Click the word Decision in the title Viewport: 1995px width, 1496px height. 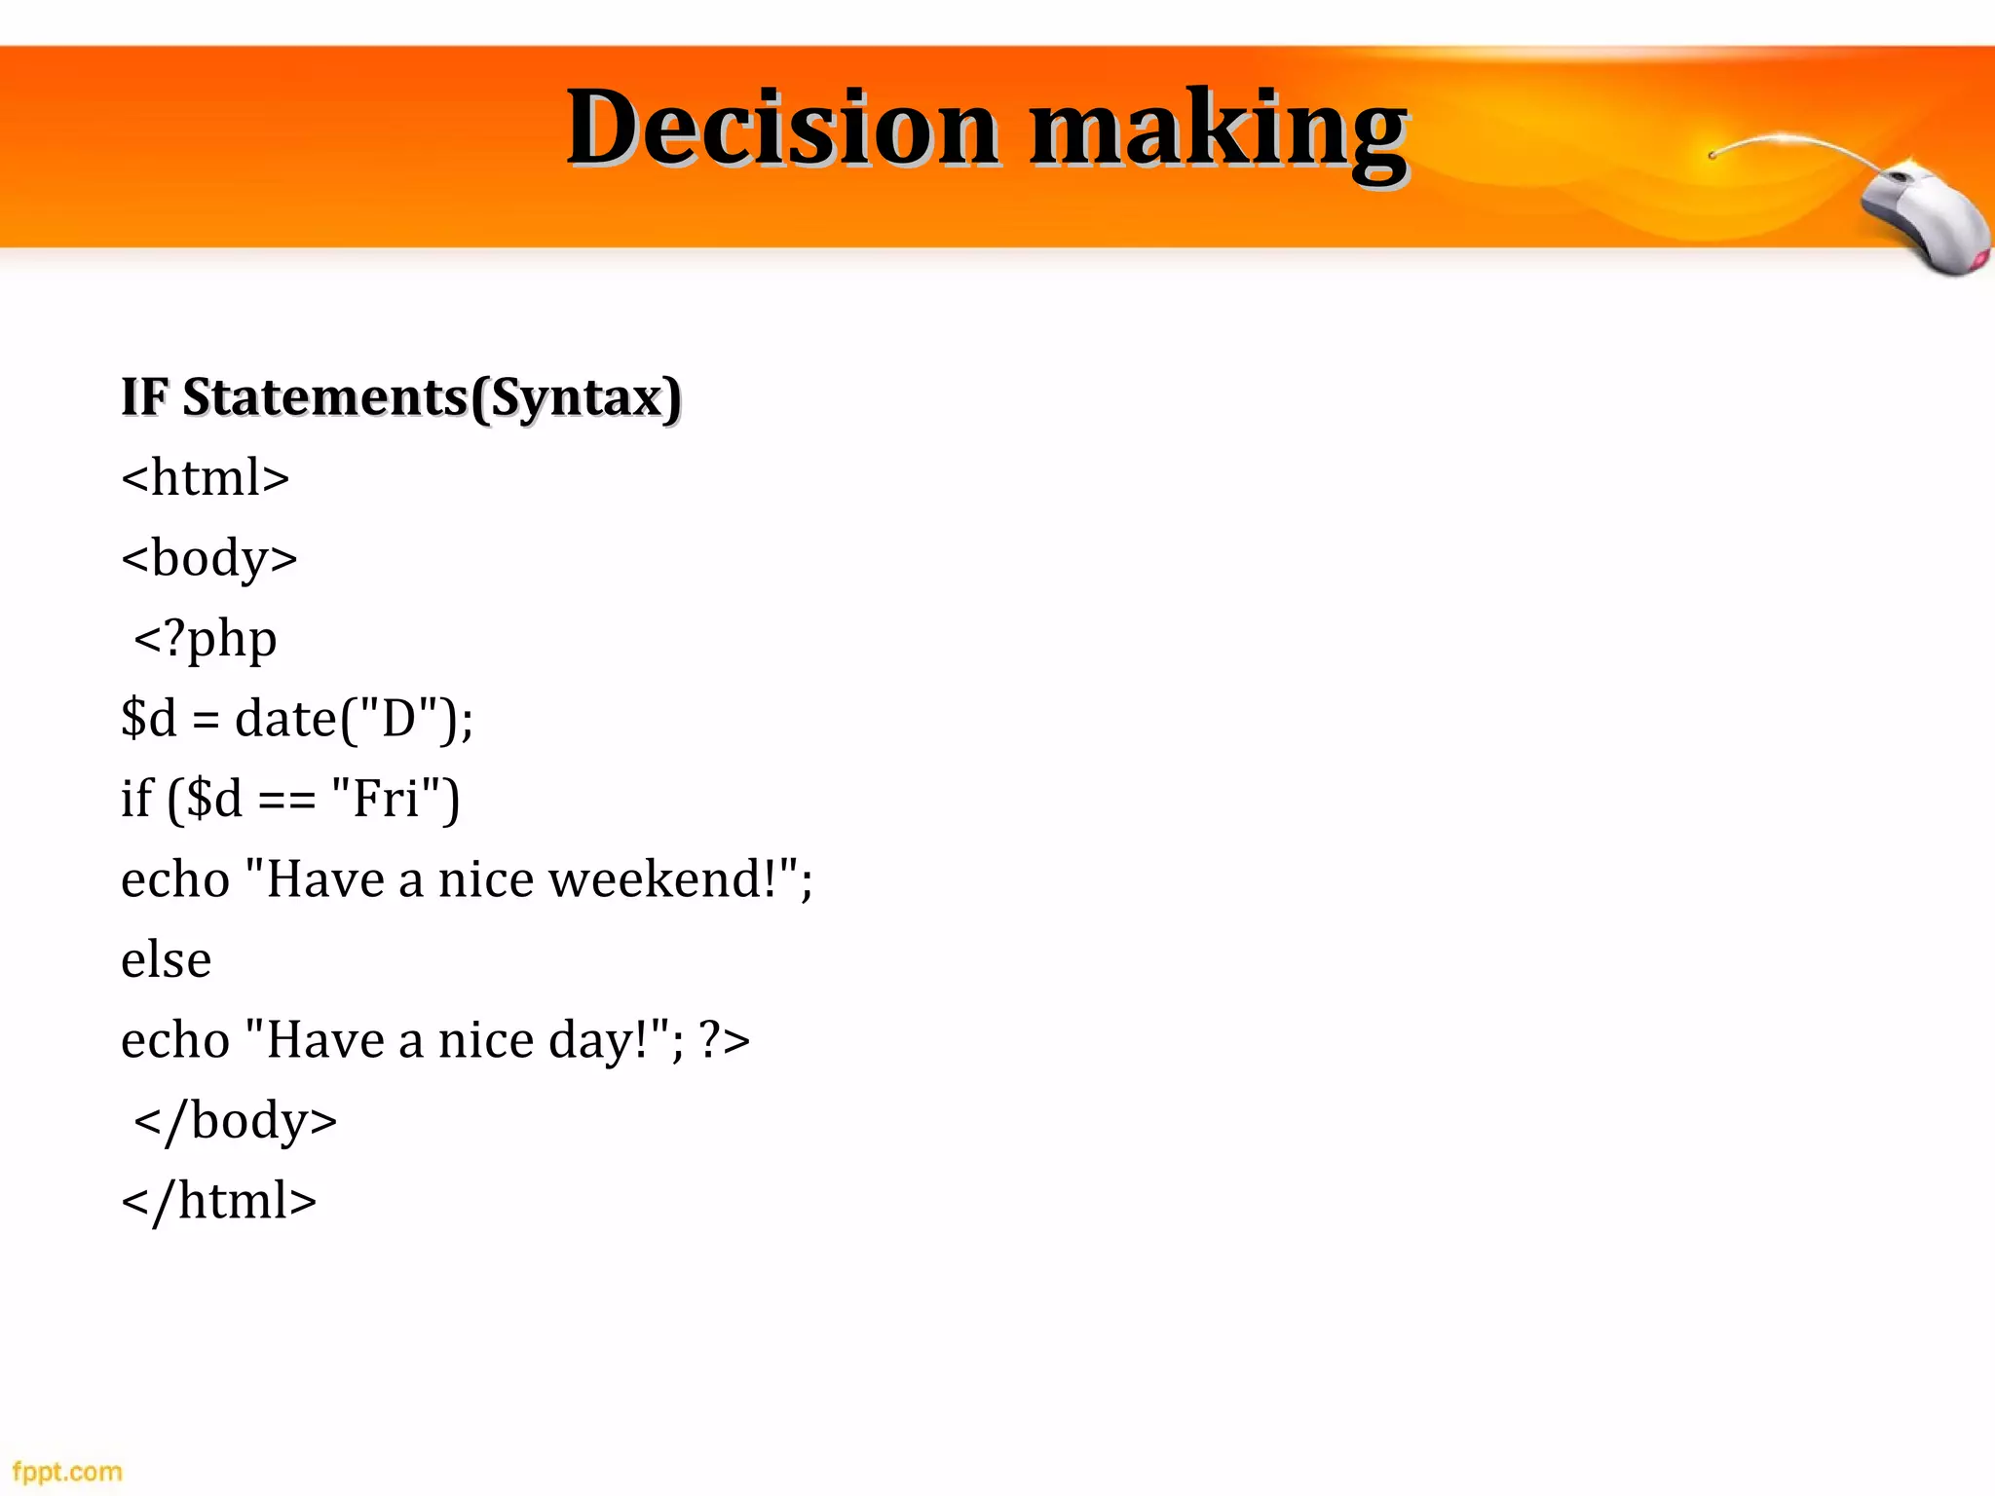click(782, 129)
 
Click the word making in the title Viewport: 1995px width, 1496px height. click(1218, 131)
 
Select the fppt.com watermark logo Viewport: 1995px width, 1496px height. click(67, 1471)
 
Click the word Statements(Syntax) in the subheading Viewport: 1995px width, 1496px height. click(432, 397)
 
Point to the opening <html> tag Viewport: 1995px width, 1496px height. click(206, 477)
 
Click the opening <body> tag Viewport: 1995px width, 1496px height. click(209, 558)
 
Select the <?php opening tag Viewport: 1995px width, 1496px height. click(206, 640)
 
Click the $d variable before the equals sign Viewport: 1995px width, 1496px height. click(149, 719)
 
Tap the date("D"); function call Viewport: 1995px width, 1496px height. click(354, 719)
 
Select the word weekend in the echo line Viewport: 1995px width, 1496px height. click(661, 879)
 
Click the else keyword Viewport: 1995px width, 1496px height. click(166, 960)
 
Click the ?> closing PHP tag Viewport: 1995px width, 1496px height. click(725, 1041)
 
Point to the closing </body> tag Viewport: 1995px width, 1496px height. click(235, 1121)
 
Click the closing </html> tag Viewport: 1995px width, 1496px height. click(219, 1201)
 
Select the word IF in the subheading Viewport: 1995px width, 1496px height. click(144, 397)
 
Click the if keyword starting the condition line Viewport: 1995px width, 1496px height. click(136, 799)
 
